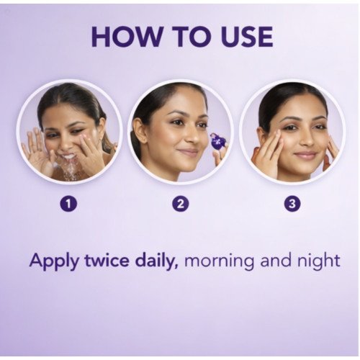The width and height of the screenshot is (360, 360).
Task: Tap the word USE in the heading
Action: point(247,37)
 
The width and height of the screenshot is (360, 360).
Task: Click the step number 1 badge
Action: point(68,204)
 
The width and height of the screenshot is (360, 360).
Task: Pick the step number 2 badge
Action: point(181,204)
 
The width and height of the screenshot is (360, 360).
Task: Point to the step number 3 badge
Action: point(292,204)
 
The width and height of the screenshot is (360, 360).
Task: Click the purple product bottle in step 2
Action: point(217,143)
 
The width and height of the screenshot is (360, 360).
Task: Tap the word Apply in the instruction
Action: point(53,261)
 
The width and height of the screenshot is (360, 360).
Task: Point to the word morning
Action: point(219,261)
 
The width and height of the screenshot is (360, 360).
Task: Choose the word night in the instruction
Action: point(319,261)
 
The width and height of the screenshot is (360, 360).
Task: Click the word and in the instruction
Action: point(275,260)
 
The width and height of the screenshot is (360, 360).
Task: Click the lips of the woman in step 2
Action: point(190,151)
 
